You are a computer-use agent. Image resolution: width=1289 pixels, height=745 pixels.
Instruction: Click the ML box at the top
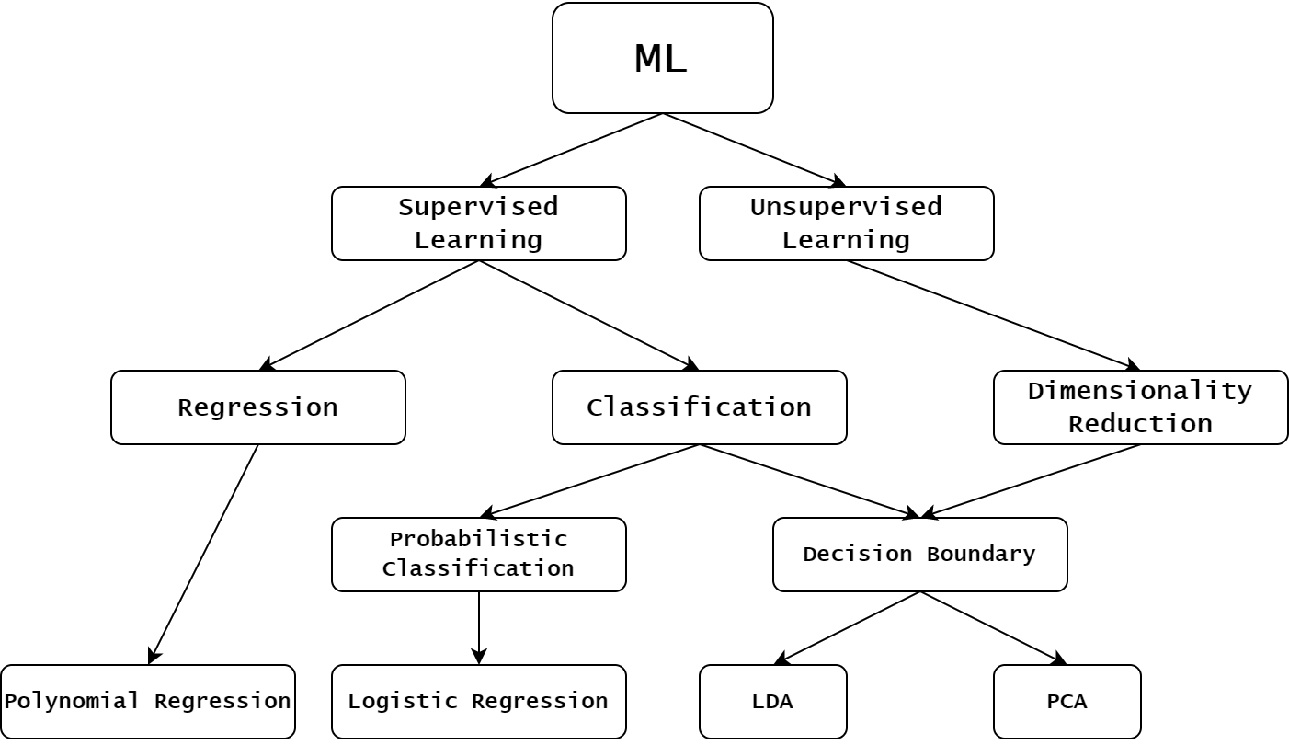(662, 58)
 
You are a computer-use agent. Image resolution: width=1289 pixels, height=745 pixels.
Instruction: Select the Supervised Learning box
(478, 223)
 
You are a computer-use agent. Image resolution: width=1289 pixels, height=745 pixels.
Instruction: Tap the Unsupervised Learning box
(846, 223)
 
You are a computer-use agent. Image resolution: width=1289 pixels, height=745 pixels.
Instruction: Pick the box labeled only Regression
(257, 407)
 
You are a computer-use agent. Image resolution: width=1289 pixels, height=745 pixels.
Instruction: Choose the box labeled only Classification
(699, 407)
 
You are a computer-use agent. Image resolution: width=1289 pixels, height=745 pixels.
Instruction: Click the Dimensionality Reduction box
(1140, 407)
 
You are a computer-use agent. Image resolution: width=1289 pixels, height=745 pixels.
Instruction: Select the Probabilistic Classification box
(478, 554)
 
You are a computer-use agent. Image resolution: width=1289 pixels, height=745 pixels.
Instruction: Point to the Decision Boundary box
(919, 554)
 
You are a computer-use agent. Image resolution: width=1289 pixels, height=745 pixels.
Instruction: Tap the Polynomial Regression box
(147, 701)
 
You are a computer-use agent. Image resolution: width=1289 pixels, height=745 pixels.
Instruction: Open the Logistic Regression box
(478, 701)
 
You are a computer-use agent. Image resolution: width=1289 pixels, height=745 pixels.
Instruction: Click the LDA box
(772, 701)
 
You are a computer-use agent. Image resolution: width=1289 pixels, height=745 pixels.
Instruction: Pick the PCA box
(1067, 701)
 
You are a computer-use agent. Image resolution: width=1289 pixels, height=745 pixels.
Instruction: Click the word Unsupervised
(846, 207)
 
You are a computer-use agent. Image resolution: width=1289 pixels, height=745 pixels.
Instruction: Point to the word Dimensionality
(1140, 391)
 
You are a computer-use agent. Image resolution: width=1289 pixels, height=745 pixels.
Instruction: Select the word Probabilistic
(478, 539)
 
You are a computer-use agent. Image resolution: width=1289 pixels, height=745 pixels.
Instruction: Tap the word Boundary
(980, 554)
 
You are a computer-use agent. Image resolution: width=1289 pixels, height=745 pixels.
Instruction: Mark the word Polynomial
(72, 701)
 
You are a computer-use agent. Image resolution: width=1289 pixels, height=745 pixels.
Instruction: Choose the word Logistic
(403, 701)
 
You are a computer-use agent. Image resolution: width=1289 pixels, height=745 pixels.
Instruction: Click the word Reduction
(1140, 424)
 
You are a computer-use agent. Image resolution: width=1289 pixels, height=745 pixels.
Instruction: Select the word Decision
(858, 554)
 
